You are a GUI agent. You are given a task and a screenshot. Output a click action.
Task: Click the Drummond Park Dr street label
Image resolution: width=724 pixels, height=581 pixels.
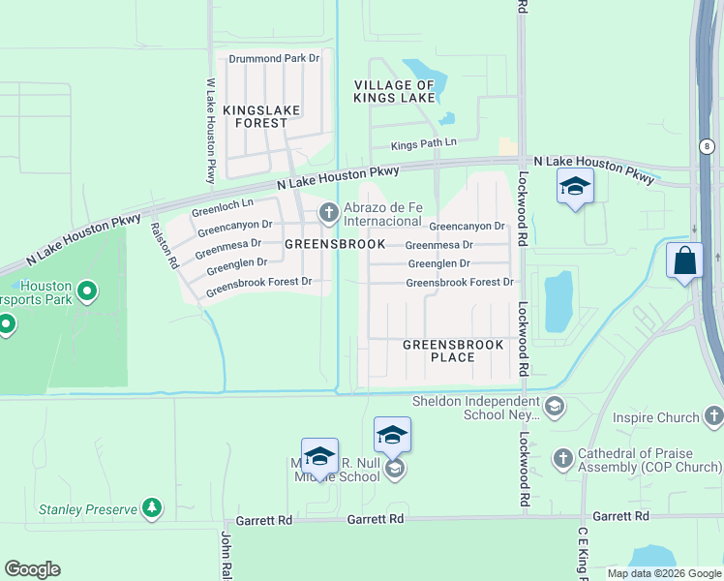point(274,59)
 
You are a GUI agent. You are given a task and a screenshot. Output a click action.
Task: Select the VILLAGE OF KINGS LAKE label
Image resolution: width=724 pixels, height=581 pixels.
point(394,92)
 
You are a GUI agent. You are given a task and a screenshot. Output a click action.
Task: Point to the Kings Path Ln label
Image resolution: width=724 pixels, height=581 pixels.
point(422,146)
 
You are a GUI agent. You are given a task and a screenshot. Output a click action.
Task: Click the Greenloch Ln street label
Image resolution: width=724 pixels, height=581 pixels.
point(222,205)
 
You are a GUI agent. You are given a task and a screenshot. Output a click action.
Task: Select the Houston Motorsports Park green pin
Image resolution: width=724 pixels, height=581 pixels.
point(86,290)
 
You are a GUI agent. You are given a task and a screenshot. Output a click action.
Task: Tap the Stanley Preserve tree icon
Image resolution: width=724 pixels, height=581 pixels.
point(150,507)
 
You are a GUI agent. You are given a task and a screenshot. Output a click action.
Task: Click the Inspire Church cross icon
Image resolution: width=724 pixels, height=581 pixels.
point(713,417)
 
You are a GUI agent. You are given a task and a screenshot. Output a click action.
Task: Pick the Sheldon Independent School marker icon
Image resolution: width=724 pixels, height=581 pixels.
point(554,406)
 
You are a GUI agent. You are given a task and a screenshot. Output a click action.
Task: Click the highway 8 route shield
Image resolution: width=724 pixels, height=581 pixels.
point(708,146)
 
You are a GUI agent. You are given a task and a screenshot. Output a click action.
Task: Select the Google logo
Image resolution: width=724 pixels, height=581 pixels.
point(32,569)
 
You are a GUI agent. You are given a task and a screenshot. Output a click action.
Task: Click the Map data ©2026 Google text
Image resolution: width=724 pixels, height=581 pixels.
point(664,573)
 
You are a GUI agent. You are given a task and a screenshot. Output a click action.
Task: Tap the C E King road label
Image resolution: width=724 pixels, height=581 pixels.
point(583,557)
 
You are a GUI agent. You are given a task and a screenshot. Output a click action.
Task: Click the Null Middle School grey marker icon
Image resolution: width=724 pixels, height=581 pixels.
point(394,470)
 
